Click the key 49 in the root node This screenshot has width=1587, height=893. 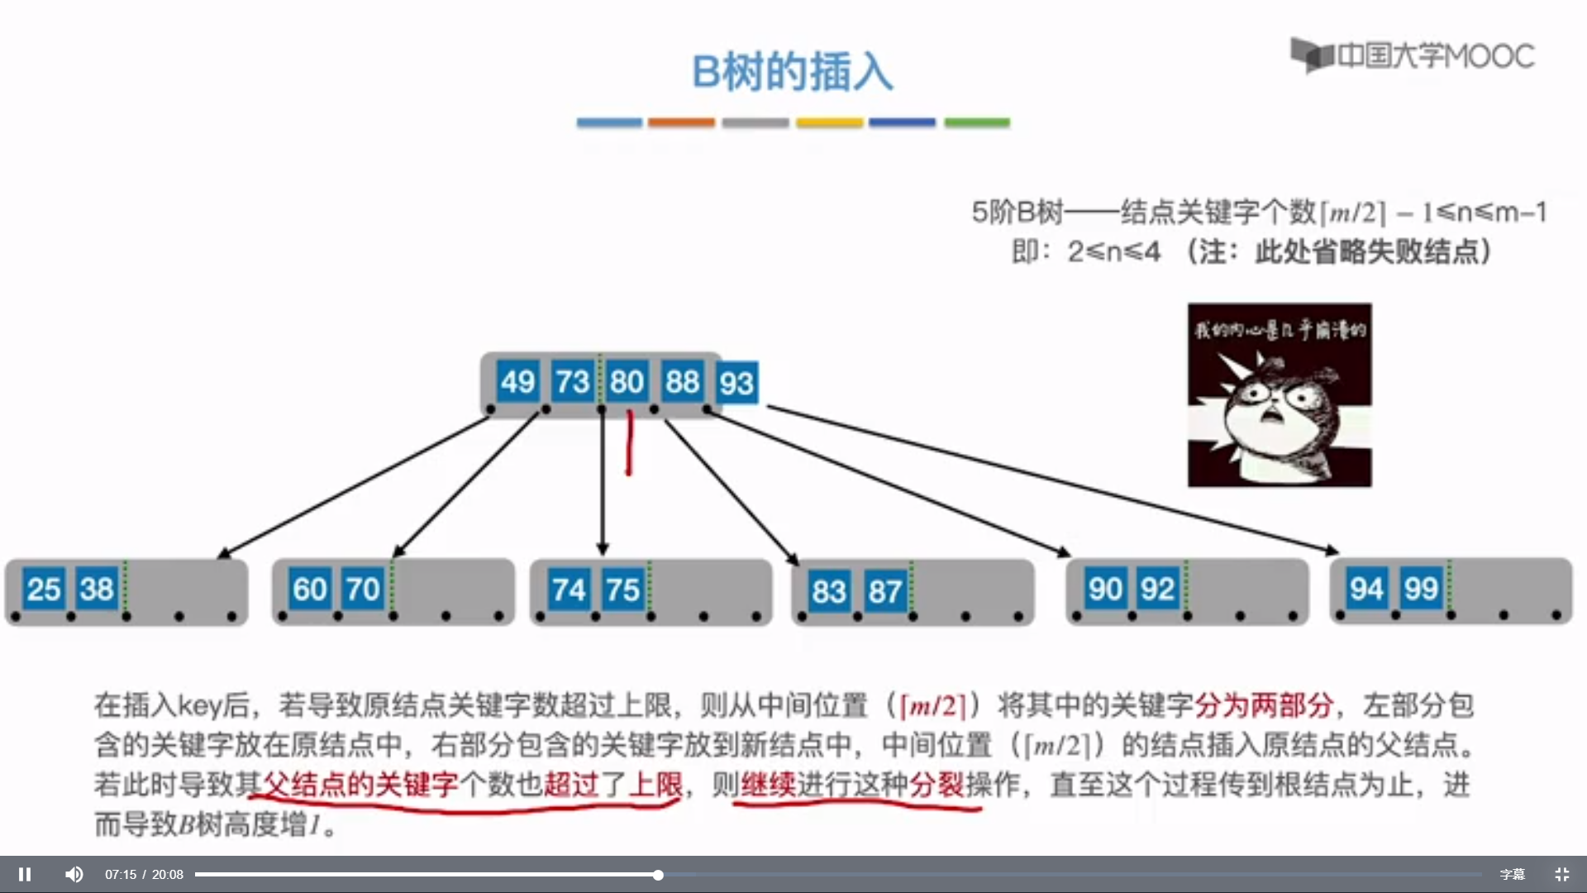click(517, 382)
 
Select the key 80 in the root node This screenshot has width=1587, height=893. click(627, 382)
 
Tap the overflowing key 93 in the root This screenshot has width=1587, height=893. click(736, 384)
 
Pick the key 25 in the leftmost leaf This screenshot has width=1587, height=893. click(44, 590)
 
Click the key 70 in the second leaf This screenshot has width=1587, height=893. click(363, 590)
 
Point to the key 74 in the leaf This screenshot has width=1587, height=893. click(569, 590)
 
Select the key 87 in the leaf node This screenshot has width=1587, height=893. click(884, 592)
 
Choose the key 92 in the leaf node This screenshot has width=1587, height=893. click(1158, 589)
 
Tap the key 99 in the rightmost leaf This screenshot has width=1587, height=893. click(1421, 589)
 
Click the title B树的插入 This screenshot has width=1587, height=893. click(792, 72)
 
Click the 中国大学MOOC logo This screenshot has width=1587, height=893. click(1413, 55)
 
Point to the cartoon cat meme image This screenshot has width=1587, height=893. click(1280, 394)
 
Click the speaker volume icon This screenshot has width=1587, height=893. click(74, 874)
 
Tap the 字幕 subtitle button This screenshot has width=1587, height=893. click(1513, 874)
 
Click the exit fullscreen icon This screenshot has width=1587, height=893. click(1561, 874)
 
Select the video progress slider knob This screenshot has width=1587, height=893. click(658, 874)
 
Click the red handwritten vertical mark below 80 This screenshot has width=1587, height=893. click(629, 443)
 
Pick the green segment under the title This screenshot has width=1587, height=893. click(977, 122)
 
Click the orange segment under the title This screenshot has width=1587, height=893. click(681, 122)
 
